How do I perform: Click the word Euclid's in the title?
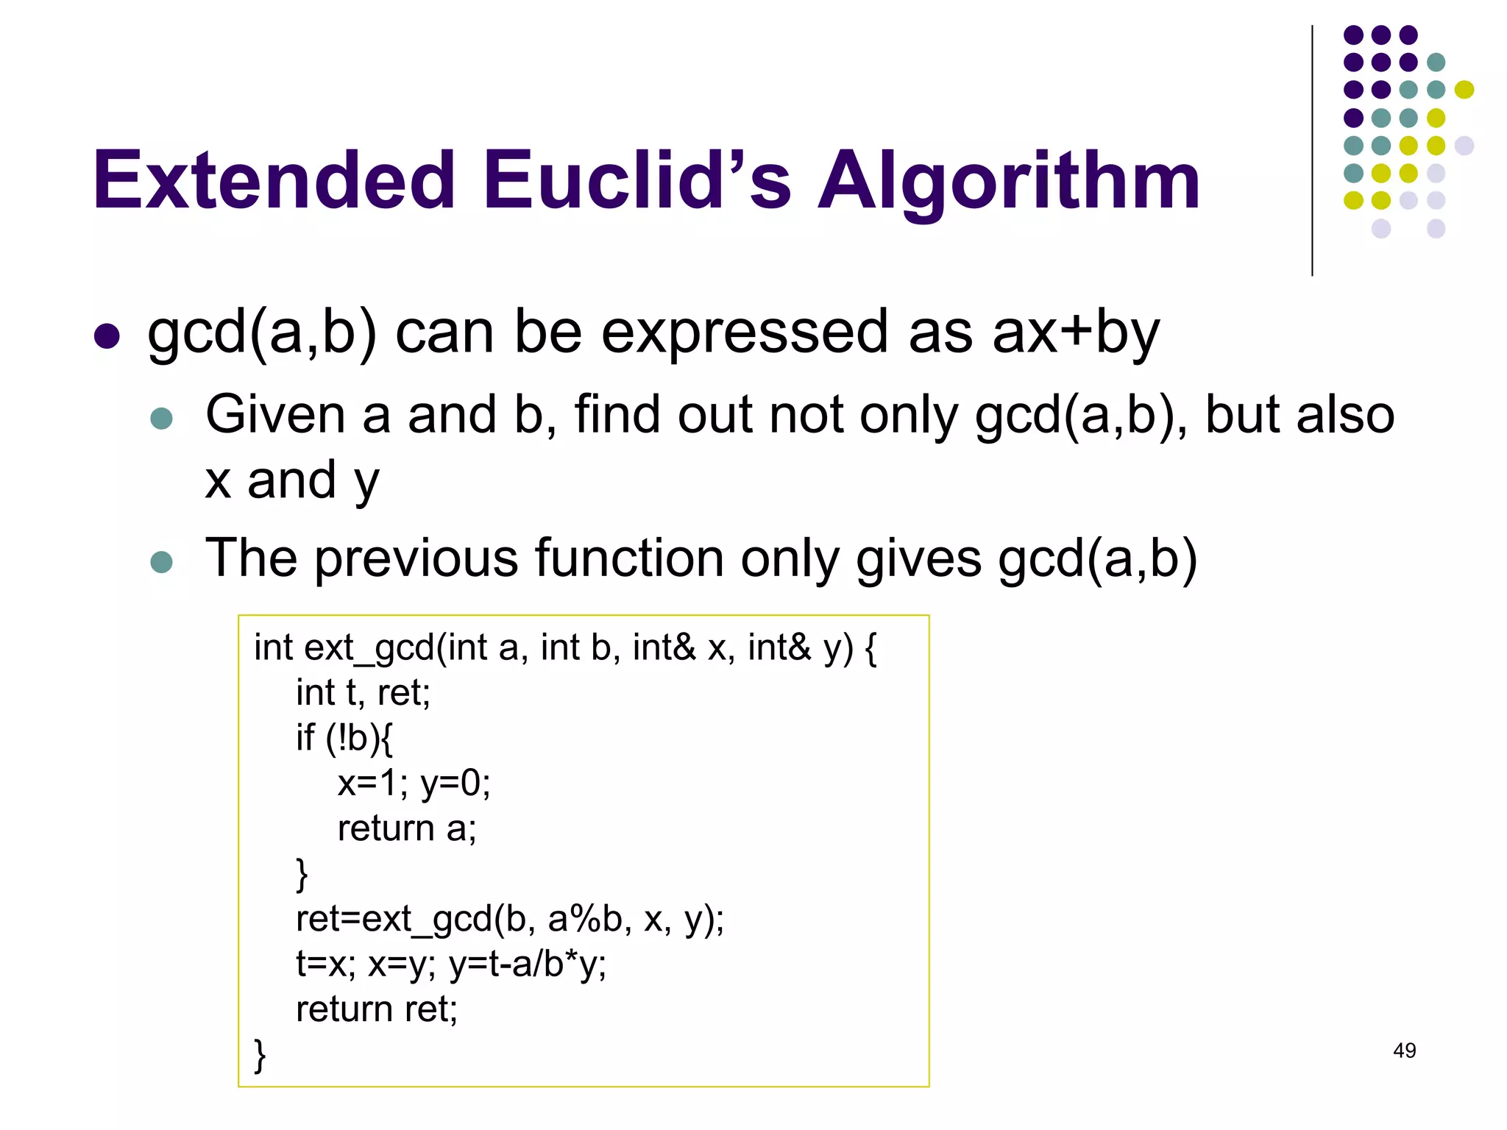637,180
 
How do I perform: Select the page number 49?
1404,1051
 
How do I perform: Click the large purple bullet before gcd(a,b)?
107,336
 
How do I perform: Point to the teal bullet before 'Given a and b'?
161,419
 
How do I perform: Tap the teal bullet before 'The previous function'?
161,562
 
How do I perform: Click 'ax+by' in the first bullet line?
1075,333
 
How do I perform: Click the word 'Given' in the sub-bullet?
274,414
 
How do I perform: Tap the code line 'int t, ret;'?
363,693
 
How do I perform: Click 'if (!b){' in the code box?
344,738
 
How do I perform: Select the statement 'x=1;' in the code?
372,783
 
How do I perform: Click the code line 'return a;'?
407,829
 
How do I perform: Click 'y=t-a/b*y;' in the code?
527,964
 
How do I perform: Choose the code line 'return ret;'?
376,1009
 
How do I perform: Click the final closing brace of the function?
260,1054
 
